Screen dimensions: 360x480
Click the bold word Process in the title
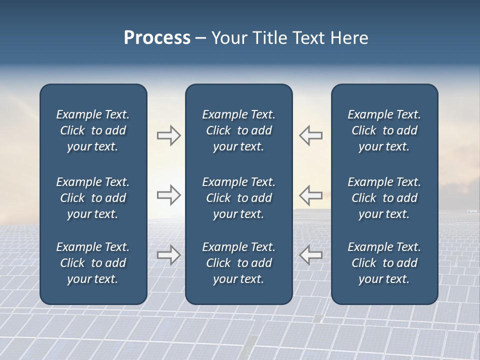[x=157, y=38]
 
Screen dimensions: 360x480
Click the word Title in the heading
[x=268, y=38]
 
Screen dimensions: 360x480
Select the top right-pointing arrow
[x=169, y=135]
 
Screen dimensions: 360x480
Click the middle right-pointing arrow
[x=169, y=194]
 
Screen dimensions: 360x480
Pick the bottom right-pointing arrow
[x=169, y=254]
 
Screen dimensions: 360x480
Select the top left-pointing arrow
[x=310, y=135]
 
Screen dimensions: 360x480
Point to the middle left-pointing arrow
[x=310, y=194]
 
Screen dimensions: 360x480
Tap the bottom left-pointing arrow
[x=310, y=254]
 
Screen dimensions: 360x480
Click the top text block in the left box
[x=93, y=130]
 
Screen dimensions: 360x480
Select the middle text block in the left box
[x=93, y=198]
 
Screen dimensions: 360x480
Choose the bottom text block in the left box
[x=93, y=263]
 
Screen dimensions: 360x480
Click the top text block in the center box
[x=238, y=130]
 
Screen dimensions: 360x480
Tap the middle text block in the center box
[x=238, y=198]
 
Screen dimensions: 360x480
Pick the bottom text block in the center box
[x=238, y=263]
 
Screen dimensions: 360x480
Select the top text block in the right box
[x=384, y=130]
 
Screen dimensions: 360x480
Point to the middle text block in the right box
[x=384, y=198]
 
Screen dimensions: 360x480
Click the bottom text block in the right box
[x=384, y=263]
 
